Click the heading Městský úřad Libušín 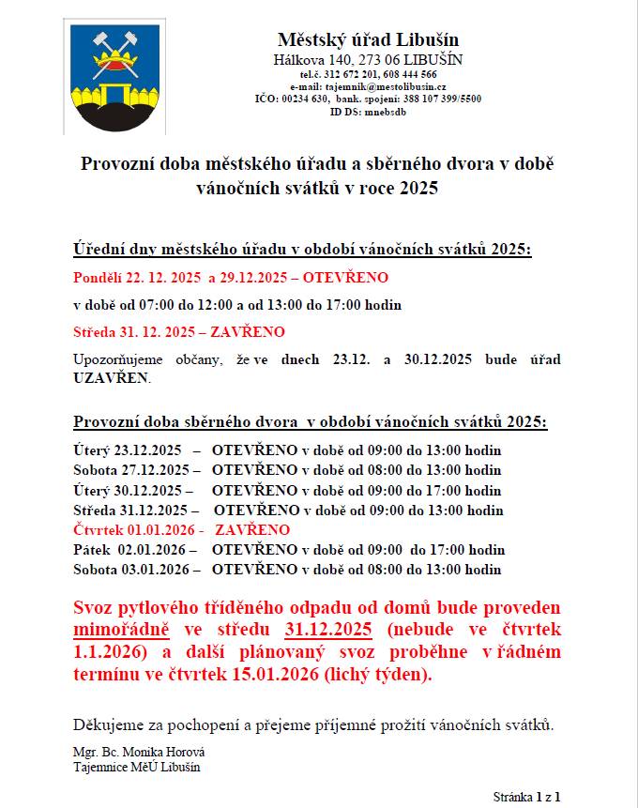[x=368, y=39]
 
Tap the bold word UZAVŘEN [x=111, y=380]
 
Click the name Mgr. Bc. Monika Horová [x=138, y=753]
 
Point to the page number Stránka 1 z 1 [x=526, y=797]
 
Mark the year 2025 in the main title [x=418, y=188]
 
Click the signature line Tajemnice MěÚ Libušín [x=136, y=767]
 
